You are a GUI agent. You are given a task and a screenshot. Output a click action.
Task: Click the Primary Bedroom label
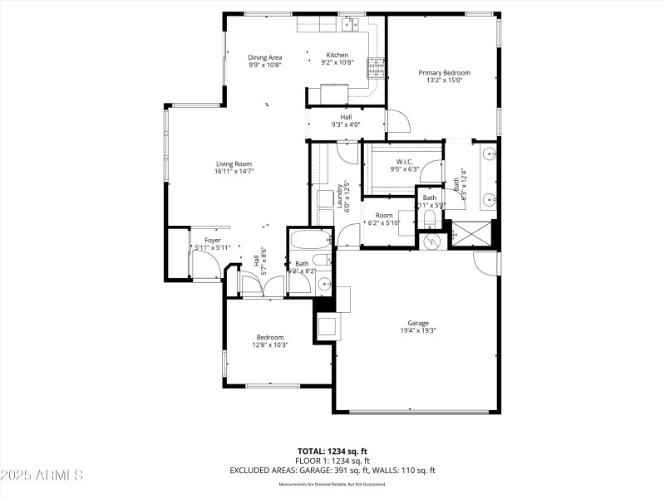(x=443, y=73)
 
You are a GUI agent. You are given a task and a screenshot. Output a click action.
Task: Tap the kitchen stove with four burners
(x=377, y=67)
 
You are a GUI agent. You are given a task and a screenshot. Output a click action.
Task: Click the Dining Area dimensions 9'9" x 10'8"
(x=265, y=64)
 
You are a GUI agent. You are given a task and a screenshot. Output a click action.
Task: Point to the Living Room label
(x=234, y=164)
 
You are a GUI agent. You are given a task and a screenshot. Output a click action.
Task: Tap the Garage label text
(x=417, y=323)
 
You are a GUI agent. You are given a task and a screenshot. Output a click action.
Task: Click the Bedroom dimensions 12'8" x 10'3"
(x=269, y=344)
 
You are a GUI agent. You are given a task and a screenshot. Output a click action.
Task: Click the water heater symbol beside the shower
(x=431, y=241)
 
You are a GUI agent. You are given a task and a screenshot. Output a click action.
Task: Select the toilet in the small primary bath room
(x=428, y=217)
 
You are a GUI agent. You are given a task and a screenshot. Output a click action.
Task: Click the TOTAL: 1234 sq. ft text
(x=332, y=451)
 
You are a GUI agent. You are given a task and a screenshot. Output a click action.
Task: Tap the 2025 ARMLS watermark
(x=42, y=476)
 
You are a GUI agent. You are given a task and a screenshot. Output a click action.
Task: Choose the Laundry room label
(x=340, y=198)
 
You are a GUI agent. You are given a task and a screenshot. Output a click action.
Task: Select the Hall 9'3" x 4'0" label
(x=346, y=120)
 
